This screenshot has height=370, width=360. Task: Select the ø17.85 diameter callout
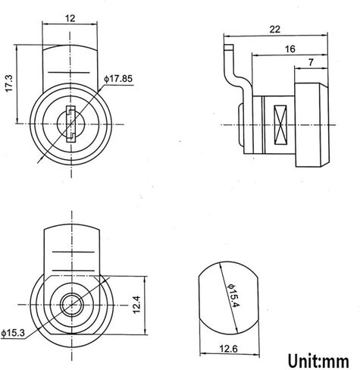[119, 78]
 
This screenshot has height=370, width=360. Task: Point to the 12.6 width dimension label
[227, 350]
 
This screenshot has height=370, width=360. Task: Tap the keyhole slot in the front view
[70, 124]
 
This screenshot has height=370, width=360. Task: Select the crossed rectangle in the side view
[277, 124]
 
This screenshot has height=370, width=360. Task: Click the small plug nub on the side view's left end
[243, 125]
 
